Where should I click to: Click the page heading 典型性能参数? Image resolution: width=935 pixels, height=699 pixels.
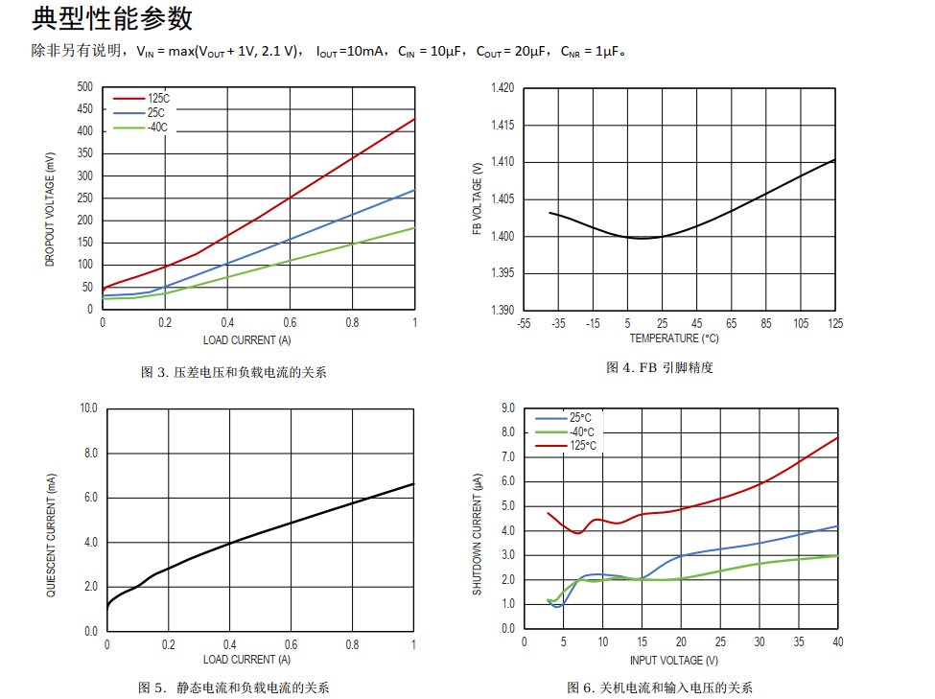(x=112, y=18)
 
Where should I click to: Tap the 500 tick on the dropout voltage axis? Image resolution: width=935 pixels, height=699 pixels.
(x=85, y=87)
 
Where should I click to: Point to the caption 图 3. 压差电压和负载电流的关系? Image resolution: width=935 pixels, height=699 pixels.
(x=233, y=372)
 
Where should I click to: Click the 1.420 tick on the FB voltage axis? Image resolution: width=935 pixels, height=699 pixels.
(x=503, y=88)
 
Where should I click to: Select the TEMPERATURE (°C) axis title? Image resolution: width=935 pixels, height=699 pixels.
(x=673, y=338)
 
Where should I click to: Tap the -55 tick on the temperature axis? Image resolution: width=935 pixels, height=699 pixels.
(x=524, y=324)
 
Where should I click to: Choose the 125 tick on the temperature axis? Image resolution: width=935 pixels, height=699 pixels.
(x=835, y=324)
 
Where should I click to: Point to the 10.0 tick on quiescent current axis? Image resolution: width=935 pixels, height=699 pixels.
(x=88, y=408)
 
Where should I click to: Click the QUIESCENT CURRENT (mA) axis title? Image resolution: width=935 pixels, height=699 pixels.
(x=52, y=534)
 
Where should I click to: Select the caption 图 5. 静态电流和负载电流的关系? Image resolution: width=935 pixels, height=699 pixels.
(x=239, y=687)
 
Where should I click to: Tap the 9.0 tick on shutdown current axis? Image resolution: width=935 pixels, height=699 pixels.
(x=508, y=408)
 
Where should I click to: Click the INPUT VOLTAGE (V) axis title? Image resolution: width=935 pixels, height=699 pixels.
(x=673, y=660)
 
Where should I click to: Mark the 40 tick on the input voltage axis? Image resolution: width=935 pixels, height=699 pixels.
(x=837, y=642)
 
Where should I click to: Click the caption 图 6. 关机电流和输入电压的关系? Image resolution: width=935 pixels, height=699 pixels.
(x=660, y=687)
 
